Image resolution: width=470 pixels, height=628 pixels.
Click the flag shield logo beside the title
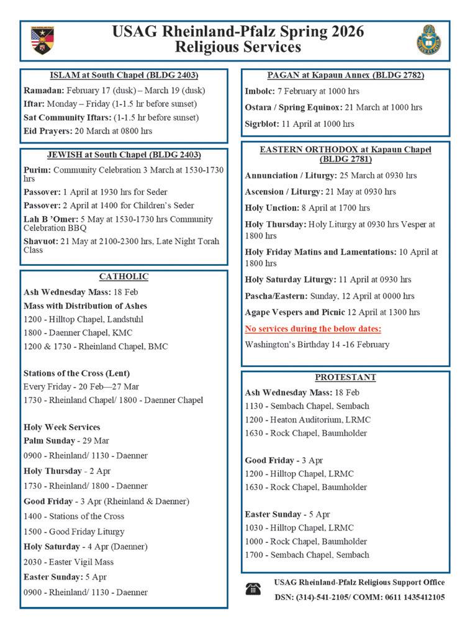point(42,40)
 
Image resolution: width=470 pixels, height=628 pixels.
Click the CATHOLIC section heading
point(124,277)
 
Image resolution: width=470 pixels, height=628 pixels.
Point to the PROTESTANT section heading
point(345,377)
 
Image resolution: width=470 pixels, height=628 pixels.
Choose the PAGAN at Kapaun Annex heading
point(345,76)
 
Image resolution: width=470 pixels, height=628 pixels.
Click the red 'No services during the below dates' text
point(313,329)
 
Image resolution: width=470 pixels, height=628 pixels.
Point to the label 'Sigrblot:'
point(261,124)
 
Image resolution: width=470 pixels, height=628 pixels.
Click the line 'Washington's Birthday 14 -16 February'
point(317,344)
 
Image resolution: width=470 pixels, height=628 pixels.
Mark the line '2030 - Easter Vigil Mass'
point(68,562)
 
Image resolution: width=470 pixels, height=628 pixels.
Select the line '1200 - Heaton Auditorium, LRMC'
point(307,420)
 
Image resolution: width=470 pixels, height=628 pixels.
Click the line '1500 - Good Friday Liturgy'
point(74,532)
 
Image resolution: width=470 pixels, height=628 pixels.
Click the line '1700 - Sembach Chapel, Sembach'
point(307,555)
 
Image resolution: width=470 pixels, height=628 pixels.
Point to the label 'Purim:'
point(37,169)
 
